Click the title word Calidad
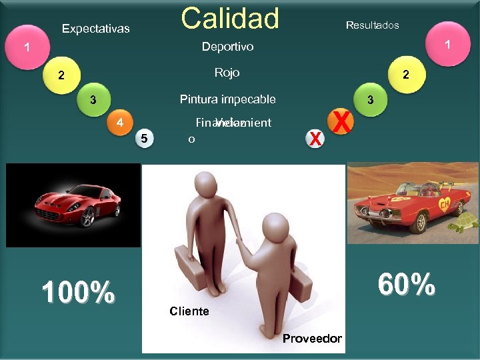(x=230, y=19)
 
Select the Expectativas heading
(x=95, y=29)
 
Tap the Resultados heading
(x=372, y=25)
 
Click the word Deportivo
(x=227, y=47)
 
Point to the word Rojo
(x=227, y=73)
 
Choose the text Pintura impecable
(x=227, y=100)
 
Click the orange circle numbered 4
(x=120, y=123)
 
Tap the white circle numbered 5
(x=145, y=138)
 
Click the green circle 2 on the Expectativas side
(x=61, y=75)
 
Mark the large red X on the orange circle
(x=341, y=122)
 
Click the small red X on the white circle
(x=315, y=138)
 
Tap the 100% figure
(x=77, y=292)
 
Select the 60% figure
(x=406, y=285)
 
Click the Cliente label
(x=189, y=311)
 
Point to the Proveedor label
(x=311, y=339)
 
